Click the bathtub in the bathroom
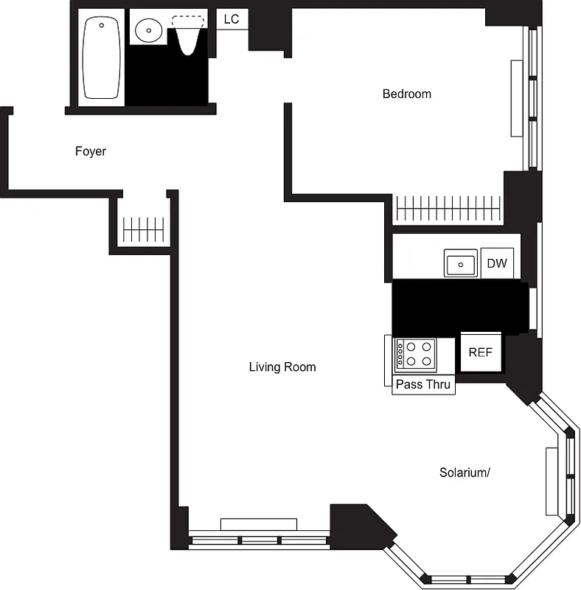coord(102,58)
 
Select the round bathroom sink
coord(148,30)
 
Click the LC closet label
coord(232,19)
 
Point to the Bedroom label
coord(406,94)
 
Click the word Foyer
coord(91,151)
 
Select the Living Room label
coord(282,367)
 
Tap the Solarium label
coord(465,473)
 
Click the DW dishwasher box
coord(497,263)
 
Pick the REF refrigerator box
coord(480,352)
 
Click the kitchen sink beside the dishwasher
coord(461,263)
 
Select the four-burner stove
coord(414,353)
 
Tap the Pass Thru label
coord(423,384)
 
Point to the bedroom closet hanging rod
coord(448,209)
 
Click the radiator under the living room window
coord(258,524)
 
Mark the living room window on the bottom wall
coord(258,540)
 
